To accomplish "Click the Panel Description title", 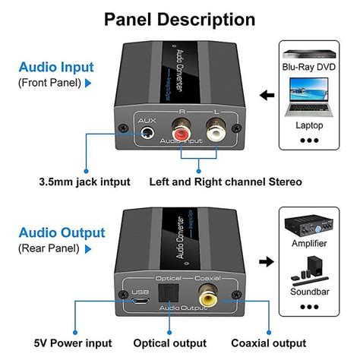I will [x=179, y=19].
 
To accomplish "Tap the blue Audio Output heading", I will [x=62, y=232].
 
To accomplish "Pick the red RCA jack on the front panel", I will [x=182, y=133].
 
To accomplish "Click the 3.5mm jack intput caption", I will [x=85, y=182].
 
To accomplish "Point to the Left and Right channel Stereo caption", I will [x=226, y=182].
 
